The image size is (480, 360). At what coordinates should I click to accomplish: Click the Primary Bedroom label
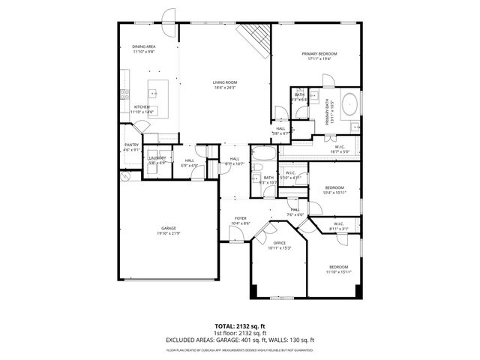coord(319,54)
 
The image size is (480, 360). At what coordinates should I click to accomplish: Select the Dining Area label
coord(144,47)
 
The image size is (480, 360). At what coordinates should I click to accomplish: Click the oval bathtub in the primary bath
coord(350,104)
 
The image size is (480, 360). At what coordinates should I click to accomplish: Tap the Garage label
coord(169,228)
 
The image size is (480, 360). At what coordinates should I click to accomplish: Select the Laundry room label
coord(157,157)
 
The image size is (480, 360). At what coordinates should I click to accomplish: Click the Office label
coord(279,243)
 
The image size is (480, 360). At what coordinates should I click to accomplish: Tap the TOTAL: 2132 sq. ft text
coord(240,326)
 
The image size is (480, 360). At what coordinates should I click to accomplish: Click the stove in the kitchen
coord(125,94)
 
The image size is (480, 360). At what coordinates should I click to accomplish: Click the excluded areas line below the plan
coord(240,340)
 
